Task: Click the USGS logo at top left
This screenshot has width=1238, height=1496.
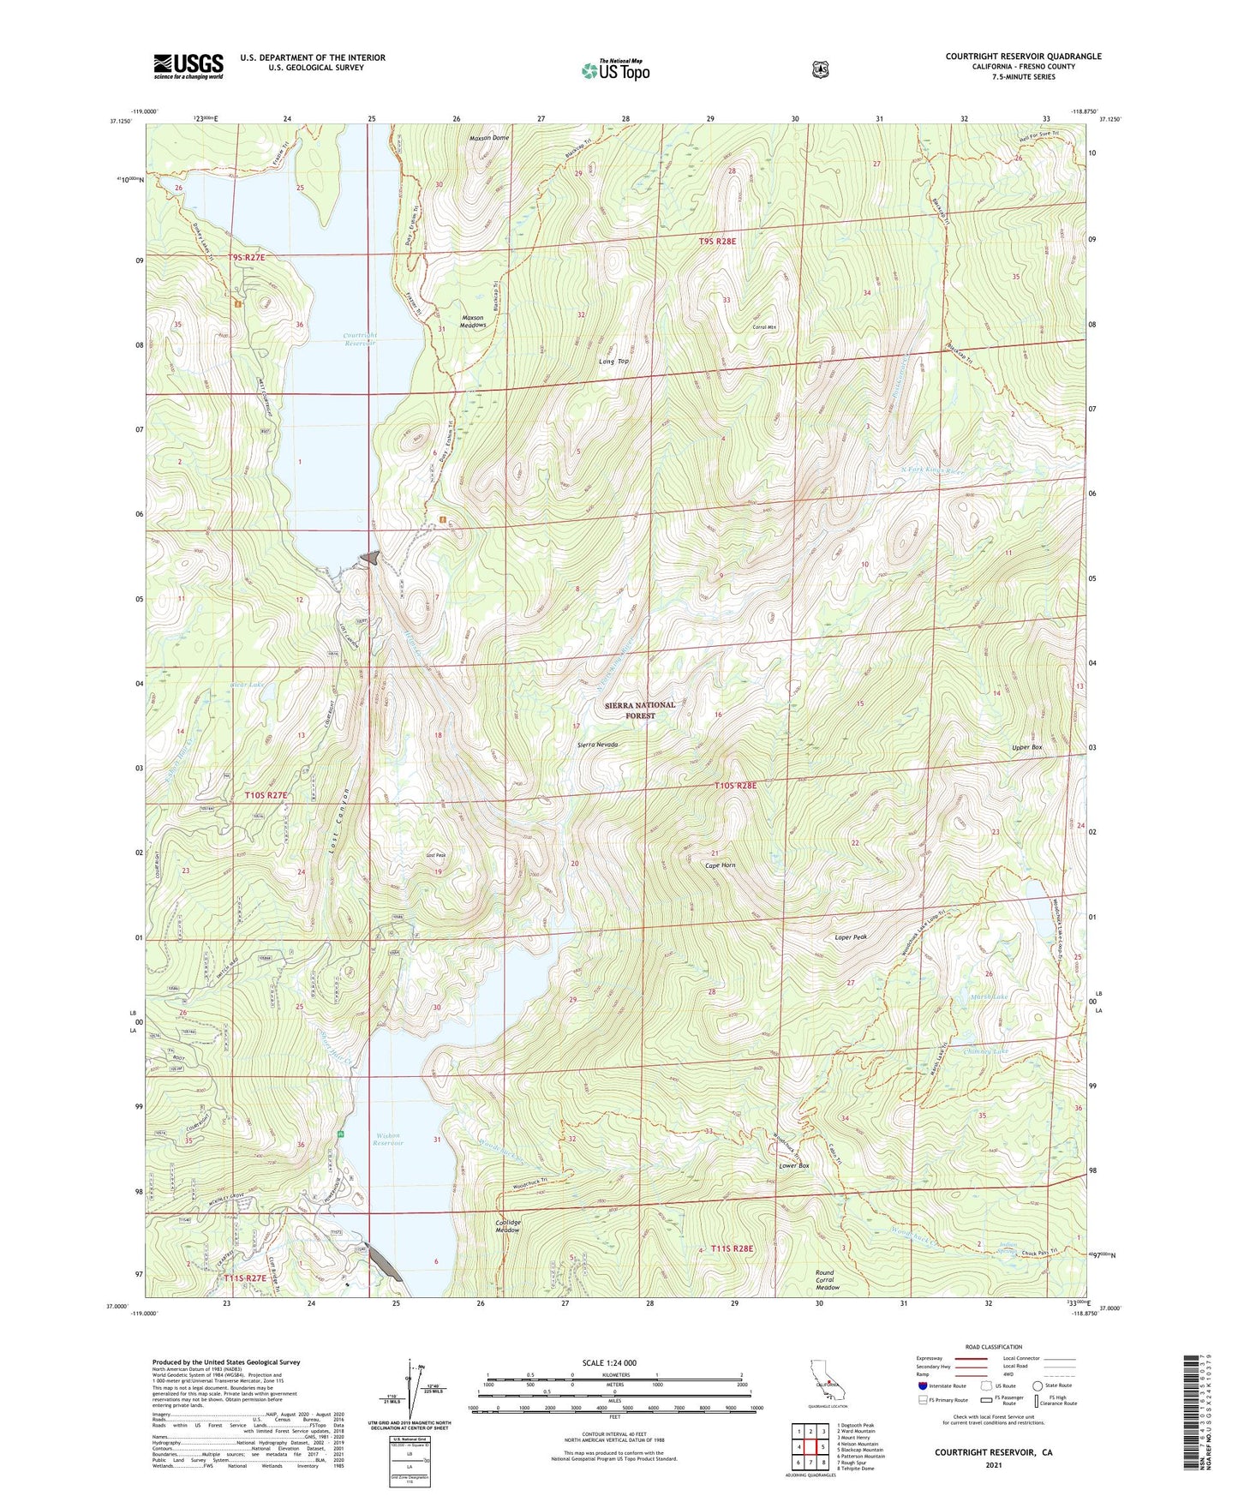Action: pyautogui.click(x=188, y=66)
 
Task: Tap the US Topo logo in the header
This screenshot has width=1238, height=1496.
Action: pyautogui.click(x=614, y=70)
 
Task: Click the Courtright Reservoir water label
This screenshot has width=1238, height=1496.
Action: pyautogui.click(x=360, y=338)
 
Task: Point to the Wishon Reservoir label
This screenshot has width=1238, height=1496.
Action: pyautogui.click(x=388, y=1139)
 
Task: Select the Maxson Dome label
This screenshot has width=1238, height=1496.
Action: pyautogui.click(x=489, y=138)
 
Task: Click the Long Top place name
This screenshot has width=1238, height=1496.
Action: pyautogui.click(x=613, y=362)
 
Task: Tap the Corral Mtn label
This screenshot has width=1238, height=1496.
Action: pyautogui.click(x=764, y=327)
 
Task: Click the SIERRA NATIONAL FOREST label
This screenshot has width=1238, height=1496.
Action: pyautogui.click(x=640, y=710)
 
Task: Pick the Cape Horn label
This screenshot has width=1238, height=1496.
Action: pyautogui.click(x=720, y=865)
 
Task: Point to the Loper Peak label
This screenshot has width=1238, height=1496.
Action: pyautogui.click(x=851, y=937)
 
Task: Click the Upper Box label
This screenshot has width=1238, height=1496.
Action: pyautogui.click(x=1026, y=747)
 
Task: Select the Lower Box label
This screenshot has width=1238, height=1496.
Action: pyautogui.click(x=793, y=1166)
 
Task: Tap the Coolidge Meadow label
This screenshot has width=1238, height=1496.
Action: pyautogui.click(x=508, y=1226)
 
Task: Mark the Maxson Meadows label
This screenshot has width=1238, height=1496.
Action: pyautogui.click(x=474, y=320)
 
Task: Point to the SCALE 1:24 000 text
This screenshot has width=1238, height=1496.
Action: pyautogui.click(x=609, y=1362)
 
